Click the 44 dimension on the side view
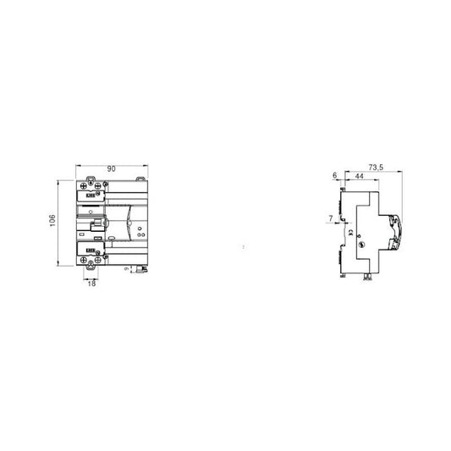[x=359, y=175]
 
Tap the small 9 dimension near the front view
[x=127, y=268]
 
